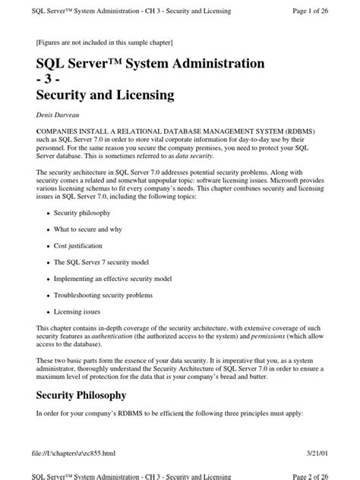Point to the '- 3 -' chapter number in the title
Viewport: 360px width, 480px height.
[x=51, y=78]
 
